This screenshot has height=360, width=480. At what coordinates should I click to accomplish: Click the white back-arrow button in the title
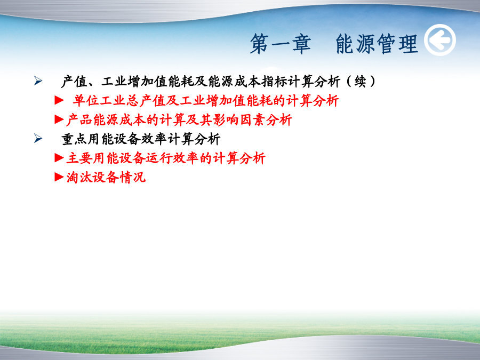point(440,40)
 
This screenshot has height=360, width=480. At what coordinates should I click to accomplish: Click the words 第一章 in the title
point(281,44)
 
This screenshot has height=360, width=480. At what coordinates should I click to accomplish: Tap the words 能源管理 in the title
point(377,44)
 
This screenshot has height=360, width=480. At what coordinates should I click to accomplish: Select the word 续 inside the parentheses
point(360,82)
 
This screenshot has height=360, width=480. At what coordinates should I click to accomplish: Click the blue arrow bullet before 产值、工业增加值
point(38,81)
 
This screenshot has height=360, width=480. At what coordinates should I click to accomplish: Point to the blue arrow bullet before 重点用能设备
point(38,138)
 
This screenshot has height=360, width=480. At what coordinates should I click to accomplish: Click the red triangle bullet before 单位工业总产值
point(59,100)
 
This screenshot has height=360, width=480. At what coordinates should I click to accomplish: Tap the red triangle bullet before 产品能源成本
point(59,119)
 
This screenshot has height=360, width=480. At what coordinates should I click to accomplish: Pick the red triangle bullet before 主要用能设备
point(59,158)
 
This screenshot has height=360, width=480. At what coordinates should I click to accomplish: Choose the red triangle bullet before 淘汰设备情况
point(59,177)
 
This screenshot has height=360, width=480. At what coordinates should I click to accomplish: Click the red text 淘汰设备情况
point(106,177)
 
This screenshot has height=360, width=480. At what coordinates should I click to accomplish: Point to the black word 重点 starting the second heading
point(74,139)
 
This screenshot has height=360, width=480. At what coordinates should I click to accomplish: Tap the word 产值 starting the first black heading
point(74,82)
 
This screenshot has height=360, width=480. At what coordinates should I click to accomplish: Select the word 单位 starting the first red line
point(86,101)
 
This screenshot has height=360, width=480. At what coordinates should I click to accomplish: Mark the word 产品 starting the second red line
point(79,119)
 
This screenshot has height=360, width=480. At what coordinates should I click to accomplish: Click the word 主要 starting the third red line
point(79,158)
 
